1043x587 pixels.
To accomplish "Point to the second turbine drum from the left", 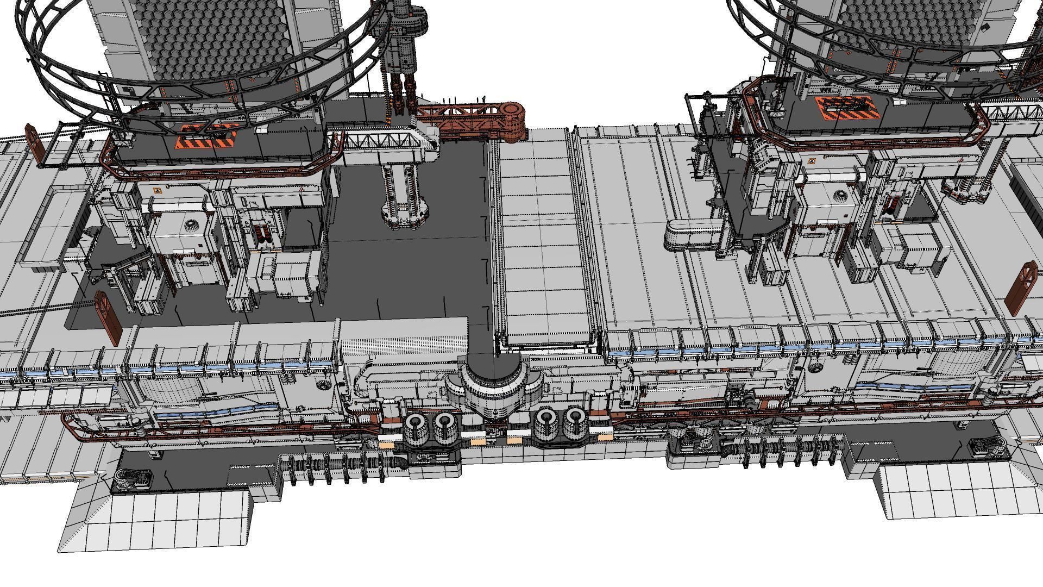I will (x=445, y=424).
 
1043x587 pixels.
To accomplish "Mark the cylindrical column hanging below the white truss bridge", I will (x=403, y=196).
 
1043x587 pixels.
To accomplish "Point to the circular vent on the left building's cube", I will (x=191, y=224).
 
